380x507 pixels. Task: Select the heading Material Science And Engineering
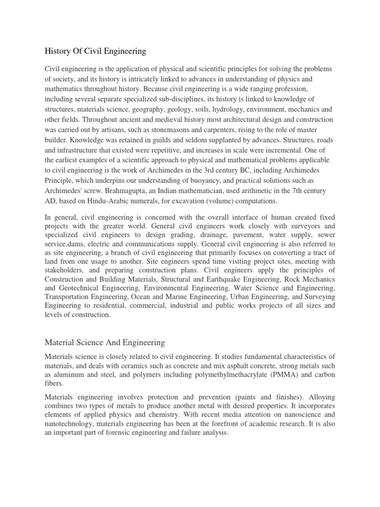(105, 342)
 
